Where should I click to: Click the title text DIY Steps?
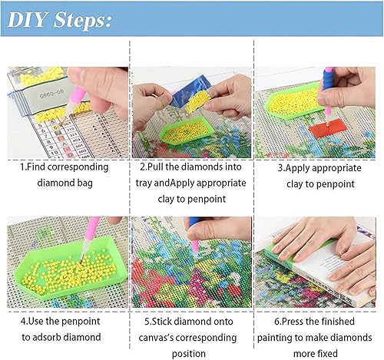tap(61, 20)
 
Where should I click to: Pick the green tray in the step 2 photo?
tap(172, 123)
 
